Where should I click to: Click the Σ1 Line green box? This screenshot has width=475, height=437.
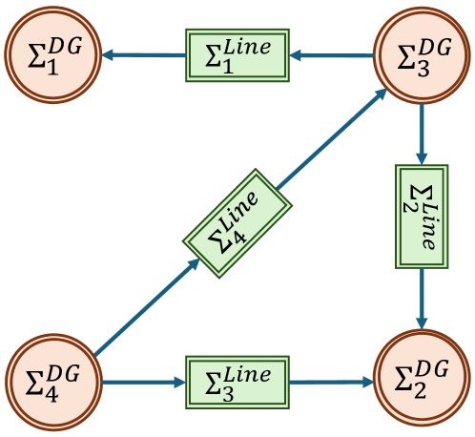237,54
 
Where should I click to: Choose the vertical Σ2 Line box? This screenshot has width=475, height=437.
422,217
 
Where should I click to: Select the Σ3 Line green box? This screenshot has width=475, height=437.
237,381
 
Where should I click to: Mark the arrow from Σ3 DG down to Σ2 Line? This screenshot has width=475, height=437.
422,134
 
